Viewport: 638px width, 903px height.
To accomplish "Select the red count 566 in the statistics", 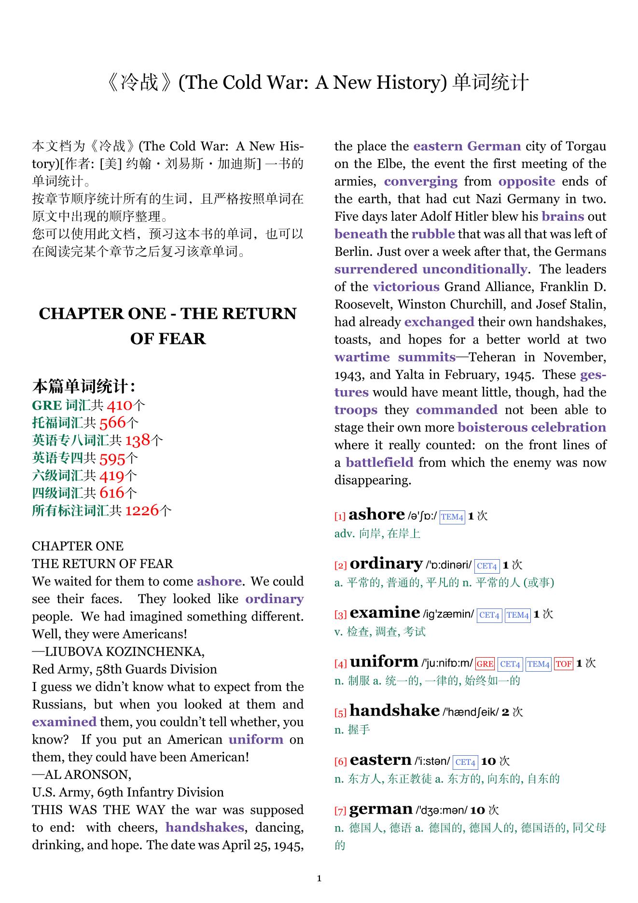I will point(112,423).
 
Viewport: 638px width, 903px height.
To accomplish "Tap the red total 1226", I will point(142,510).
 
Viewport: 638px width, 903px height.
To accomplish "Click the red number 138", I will point(138,440).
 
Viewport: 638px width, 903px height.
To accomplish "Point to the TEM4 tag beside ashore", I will point(452,517).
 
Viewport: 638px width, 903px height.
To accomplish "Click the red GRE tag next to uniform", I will point(485,664).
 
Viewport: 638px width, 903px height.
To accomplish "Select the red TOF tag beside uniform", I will point(563,664).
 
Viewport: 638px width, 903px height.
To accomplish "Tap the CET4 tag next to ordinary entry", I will point(486,566).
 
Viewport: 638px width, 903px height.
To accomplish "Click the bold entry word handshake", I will point(394,711).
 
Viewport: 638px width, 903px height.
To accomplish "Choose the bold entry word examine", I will point(385,613).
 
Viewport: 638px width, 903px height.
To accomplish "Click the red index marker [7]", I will point(340,811).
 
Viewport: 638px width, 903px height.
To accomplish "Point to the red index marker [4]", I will point(340,664).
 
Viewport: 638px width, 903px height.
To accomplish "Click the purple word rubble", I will point(433,234).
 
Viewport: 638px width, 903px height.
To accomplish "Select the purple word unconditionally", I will point(474,269).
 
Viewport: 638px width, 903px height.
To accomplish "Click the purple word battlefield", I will point(379,463).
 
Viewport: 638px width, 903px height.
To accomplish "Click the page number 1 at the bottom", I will point(319,878).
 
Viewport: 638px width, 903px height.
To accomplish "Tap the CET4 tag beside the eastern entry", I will point(465,762).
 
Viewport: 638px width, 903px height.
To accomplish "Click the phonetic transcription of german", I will point(442,811).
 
